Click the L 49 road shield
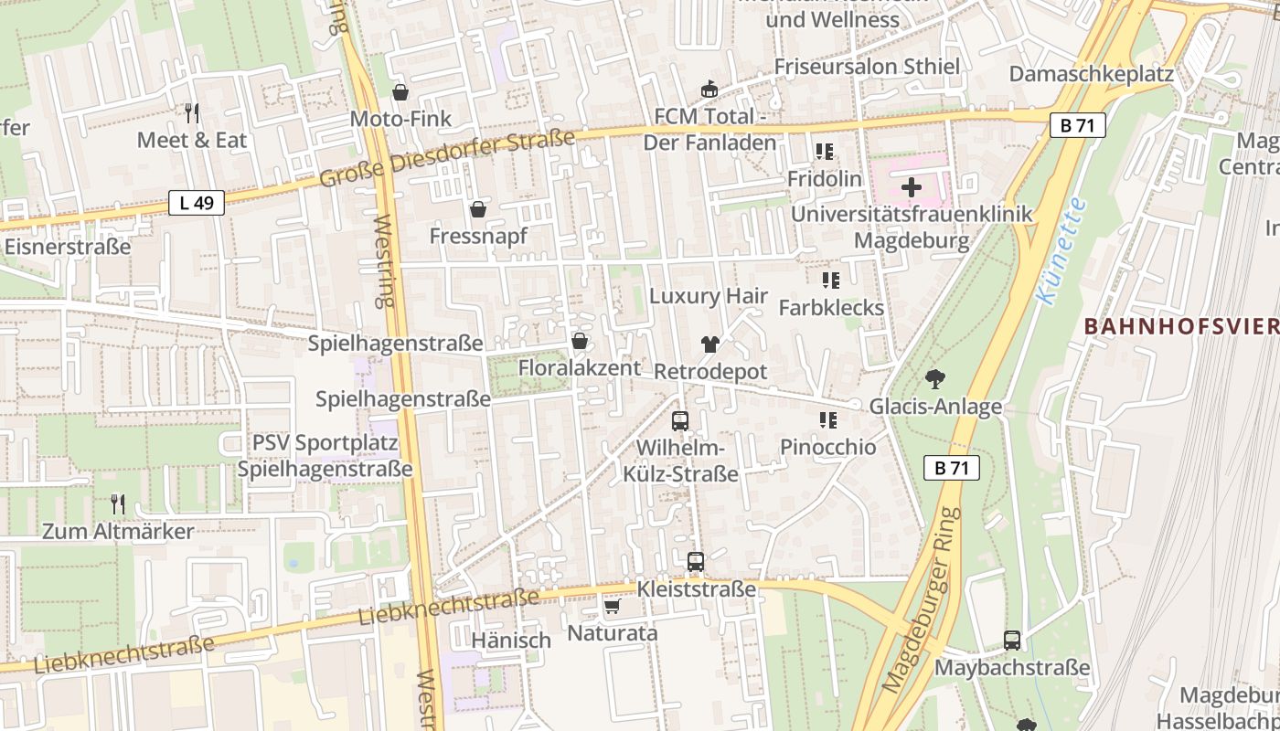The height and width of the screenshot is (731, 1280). pos(197,203)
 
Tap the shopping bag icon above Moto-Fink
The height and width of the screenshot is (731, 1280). pos(400,92)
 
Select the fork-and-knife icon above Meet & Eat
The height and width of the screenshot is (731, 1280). pos(192,113)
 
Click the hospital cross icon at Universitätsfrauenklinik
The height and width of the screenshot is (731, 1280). pos(911,187)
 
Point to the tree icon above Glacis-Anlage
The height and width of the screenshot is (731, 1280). pos(934,378)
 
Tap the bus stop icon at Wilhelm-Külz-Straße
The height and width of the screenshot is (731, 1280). pos(680,421)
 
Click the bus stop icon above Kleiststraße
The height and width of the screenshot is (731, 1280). pos(696,561)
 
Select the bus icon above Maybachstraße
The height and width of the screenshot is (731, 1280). pos(1012,641)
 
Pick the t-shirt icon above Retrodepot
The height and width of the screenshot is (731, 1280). pos(709,344)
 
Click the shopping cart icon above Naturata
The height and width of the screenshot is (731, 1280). pos(613,606)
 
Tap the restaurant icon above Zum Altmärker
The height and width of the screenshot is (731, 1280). pos(118,503)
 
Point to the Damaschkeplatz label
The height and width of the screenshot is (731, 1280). pos(1091,74)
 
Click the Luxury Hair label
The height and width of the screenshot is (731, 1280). pos(709,296)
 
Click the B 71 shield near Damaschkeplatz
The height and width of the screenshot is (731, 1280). pos(1078,126)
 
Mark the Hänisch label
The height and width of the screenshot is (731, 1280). pos(511,641)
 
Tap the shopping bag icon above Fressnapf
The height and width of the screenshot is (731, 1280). pos(477,209)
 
